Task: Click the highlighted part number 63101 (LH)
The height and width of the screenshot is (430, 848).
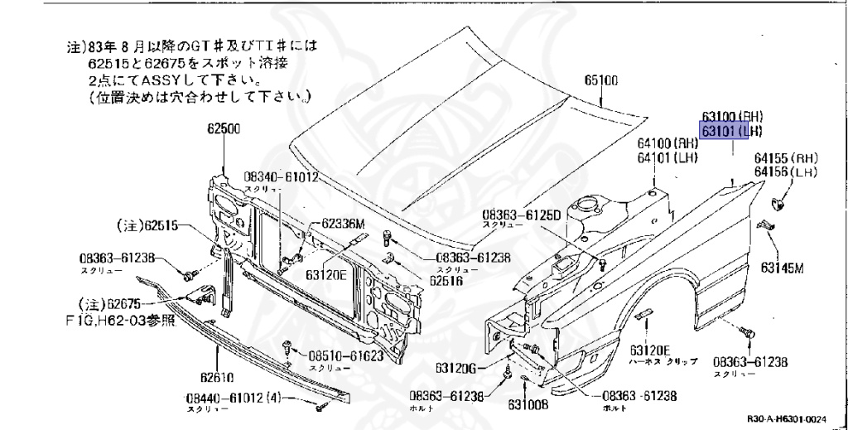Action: [731, 132]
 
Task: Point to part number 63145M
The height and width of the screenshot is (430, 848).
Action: [783, 267]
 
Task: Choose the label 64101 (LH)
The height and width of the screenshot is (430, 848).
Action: [667, 157]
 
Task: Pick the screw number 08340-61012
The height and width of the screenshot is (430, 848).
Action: [281, 176]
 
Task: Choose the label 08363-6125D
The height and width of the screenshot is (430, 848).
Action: [522, 214]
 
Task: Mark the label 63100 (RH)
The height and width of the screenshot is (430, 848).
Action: [731, 118]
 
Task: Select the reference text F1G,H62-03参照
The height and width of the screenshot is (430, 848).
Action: [128, 319]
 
